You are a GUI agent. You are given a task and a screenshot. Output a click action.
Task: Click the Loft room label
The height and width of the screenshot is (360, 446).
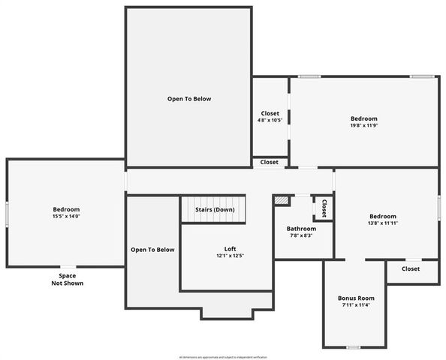tap(230, 249)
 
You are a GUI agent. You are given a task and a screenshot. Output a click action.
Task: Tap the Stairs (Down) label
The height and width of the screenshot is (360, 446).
tap(215, 209)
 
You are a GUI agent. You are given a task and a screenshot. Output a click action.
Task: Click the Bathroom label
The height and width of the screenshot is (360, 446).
tap(301, 229)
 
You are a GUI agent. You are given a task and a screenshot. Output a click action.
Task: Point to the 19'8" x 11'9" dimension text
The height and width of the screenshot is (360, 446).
tap(364, 126)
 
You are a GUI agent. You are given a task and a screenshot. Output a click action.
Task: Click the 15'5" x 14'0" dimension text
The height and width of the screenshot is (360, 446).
tap(66, 217)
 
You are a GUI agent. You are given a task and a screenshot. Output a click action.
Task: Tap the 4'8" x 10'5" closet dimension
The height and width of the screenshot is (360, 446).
tap(270, 121)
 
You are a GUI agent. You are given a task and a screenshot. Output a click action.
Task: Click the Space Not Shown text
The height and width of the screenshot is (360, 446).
tap(68, 280)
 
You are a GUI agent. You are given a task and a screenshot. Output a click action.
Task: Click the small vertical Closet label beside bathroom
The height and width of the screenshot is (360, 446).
tap(324, 208)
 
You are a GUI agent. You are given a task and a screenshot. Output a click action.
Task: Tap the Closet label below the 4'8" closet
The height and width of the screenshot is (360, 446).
tap(270, 162)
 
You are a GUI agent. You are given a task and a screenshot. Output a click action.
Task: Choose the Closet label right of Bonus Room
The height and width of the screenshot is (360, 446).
tap(411, 268)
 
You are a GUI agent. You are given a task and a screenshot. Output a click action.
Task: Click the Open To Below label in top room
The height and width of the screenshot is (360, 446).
tap(188, 98)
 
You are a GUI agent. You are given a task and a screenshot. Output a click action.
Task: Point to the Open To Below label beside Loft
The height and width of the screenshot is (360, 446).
tap(152, 250)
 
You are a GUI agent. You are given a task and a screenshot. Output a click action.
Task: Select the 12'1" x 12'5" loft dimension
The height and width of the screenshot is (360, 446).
tap(230, 256)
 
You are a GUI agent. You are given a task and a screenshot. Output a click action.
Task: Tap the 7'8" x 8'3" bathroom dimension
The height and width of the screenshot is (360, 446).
tap(301, 236)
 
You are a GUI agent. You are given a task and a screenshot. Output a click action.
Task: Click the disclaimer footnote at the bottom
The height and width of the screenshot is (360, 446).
tap(223, 357)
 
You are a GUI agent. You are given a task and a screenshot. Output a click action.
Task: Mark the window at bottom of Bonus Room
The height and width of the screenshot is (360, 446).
tap(352, 347)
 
